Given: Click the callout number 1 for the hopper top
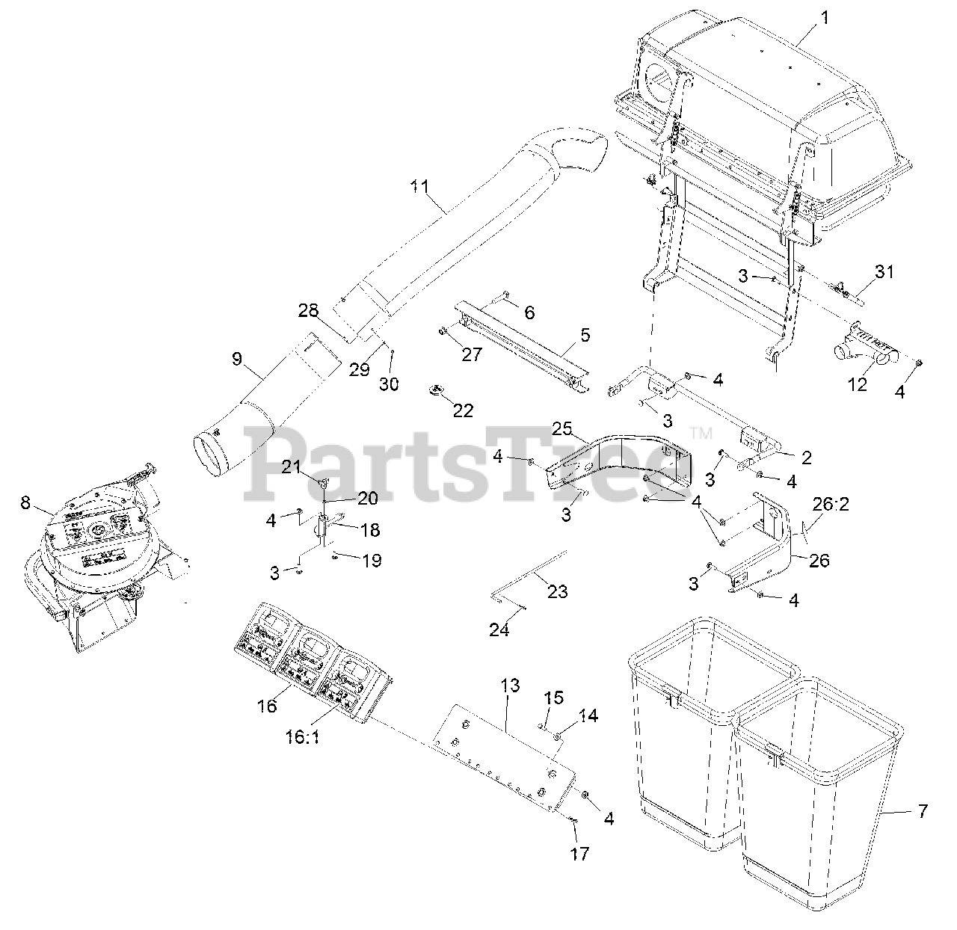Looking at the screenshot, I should click(825, 17).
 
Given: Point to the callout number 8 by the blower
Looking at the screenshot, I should click(25, 502).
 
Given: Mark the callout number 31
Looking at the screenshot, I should click(884, 272).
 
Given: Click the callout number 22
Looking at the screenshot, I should click(464, 411).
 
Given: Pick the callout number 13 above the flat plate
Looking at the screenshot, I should click(510, 686).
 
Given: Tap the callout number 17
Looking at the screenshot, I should click(579, 853).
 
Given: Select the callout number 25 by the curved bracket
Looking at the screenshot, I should click(561, 430).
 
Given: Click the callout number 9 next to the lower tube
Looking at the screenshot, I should click(237, 359).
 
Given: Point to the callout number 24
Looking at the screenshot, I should click(499, 630).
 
